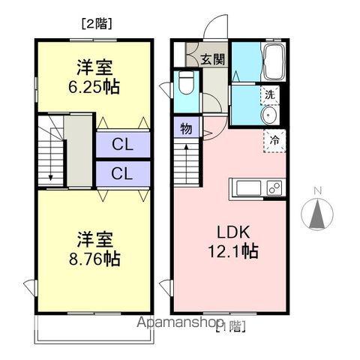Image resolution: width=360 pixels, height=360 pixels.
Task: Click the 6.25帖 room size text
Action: point(93,85)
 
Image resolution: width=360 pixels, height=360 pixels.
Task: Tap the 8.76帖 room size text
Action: point(93,259)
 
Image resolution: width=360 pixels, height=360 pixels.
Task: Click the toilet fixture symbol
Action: point(186,83)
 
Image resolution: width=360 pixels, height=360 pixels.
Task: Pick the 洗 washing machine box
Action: point(270,94)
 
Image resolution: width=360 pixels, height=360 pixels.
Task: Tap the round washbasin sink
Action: point(269,115)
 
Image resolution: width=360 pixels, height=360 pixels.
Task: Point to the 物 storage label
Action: point(186,129)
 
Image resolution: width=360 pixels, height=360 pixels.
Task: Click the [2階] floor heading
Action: point(95,23)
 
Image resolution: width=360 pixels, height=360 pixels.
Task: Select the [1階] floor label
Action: point(230,325)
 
